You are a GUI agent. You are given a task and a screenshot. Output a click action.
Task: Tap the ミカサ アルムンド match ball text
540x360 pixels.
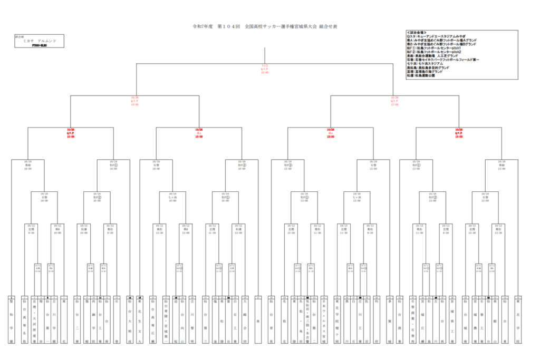[40, 41]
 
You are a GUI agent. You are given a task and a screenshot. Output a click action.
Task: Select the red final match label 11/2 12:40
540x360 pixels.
[265, 69]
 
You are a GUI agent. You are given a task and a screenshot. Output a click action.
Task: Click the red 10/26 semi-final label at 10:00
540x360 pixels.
[134, 101]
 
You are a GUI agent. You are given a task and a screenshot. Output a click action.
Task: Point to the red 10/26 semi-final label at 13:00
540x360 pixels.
[394, 101]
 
